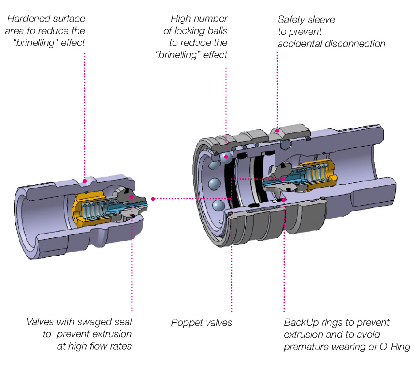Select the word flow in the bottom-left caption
coord(97,346)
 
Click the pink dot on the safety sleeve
coord(277,130)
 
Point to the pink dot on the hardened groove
coord(84,180)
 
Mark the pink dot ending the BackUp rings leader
coord(284,200)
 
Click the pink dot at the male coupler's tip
coord(153,199)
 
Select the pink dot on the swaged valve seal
coord(132,197)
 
